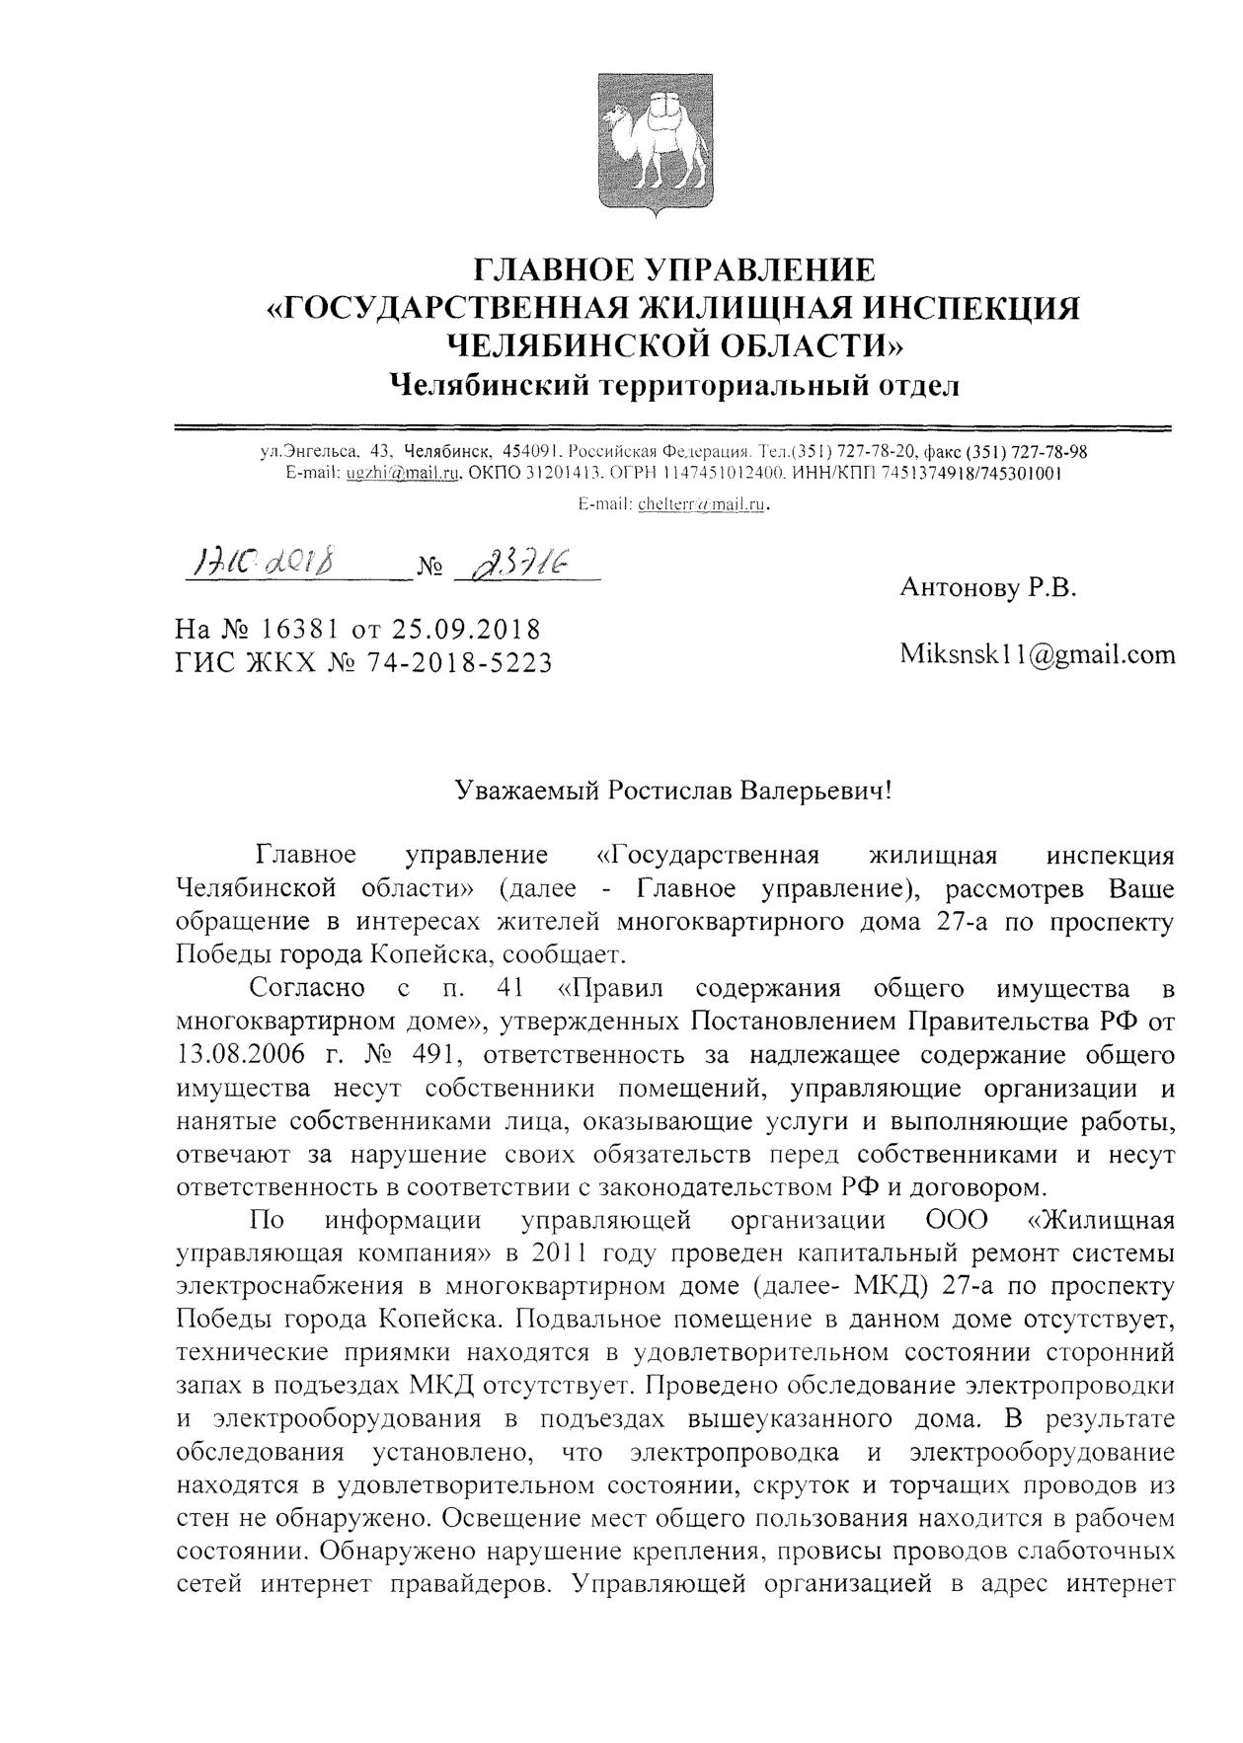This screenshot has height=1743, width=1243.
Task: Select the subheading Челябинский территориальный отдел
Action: coord(674,384)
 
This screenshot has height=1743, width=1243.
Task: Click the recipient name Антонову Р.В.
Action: coord(986,588)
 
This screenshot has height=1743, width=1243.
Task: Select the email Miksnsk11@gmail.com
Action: coord(1037,653)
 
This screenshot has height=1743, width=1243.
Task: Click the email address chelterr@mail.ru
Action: coord(703,504)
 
